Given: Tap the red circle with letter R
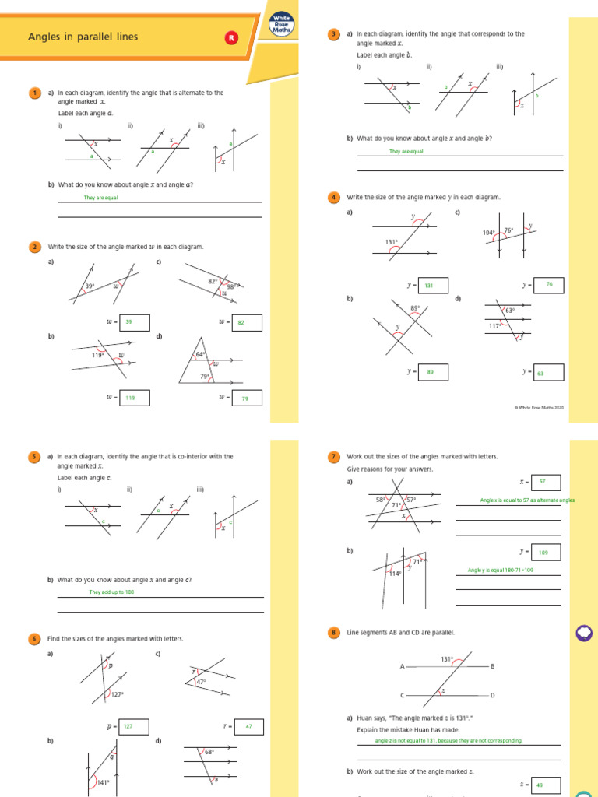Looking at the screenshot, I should click(230, 37).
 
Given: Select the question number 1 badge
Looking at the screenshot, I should click(34, 93).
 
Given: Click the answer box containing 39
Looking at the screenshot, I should click(135, 322).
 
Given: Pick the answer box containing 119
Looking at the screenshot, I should click(135, 398).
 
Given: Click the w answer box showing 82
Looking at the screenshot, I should click(246, 322).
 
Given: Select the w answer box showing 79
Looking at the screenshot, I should click(246, 398).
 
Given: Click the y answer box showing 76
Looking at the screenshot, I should click(548, 285).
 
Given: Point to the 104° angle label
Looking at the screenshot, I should click(488, 233).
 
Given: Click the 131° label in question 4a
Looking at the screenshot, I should click(392, 242).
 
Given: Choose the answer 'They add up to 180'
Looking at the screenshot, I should click(107, 592).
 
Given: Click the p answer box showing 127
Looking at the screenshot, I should click(134, 726).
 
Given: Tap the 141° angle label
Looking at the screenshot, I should click(103, 782).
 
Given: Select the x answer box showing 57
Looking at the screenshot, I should click(545, 482).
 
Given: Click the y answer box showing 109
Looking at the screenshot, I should click(545, 552).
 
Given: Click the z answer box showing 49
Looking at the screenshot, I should click(545, 785).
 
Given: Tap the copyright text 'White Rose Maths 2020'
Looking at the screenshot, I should click(540, 407).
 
